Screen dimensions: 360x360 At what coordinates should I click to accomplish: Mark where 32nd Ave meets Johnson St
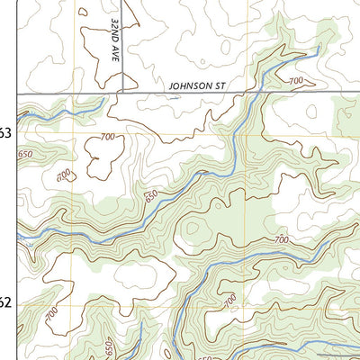pyautogui.click(x=122, y=92)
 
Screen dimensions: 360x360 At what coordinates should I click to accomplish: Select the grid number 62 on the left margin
pyautogui.click(x=4, y=302)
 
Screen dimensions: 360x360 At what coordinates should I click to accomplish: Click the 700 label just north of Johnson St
pyautogui.click(x=296, y=82)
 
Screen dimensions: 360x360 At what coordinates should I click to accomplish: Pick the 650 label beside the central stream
pyautogui.click(x=150, y=196)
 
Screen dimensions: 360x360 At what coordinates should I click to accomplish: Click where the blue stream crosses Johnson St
pyautogui.click(x=259, y=92)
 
